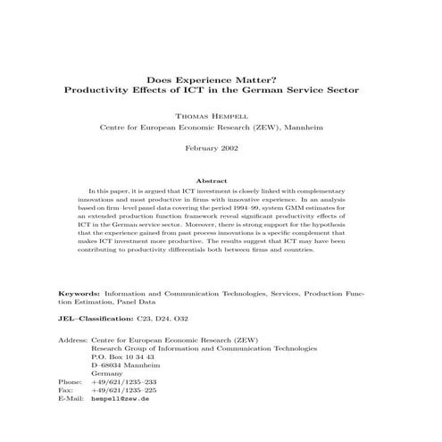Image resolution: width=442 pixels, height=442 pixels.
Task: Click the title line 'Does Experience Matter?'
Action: click(221, 79)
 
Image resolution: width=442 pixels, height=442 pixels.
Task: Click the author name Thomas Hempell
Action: click(221, 116)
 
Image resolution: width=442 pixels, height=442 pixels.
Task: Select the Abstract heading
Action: click(221, 181)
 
